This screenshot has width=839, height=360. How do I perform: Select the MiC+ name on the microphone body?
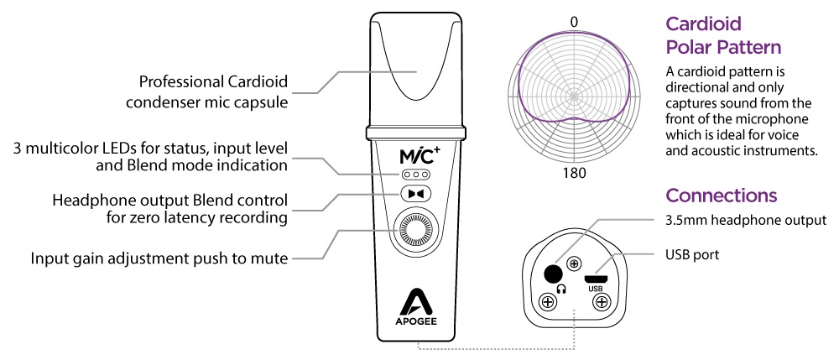(x=417, y=155)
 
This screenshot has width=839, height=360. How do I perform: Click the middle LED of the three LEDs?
(x=416, y=174)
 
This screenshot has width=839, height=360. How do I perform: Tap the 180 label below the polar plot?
(x=575, y=174)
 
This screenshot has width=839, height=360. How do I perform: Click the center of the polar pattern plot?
(x=575, y=95)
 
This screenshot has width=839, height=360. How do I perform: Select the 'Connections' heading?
(x=721, y=196)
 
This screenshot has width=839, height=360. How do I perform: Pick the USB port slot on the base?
(x=597, y=278)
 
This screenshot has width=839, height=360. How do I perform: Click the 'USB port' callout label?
(x=691, y=253)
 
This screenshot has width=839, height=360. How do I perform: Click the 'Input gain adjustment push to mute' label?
(x=159, y=258)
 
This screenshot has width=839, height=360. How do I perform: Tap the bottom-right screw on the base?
(x=601, y=305)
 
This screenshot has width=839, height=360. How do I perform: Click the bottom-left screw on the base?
(x=549, y=303)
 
